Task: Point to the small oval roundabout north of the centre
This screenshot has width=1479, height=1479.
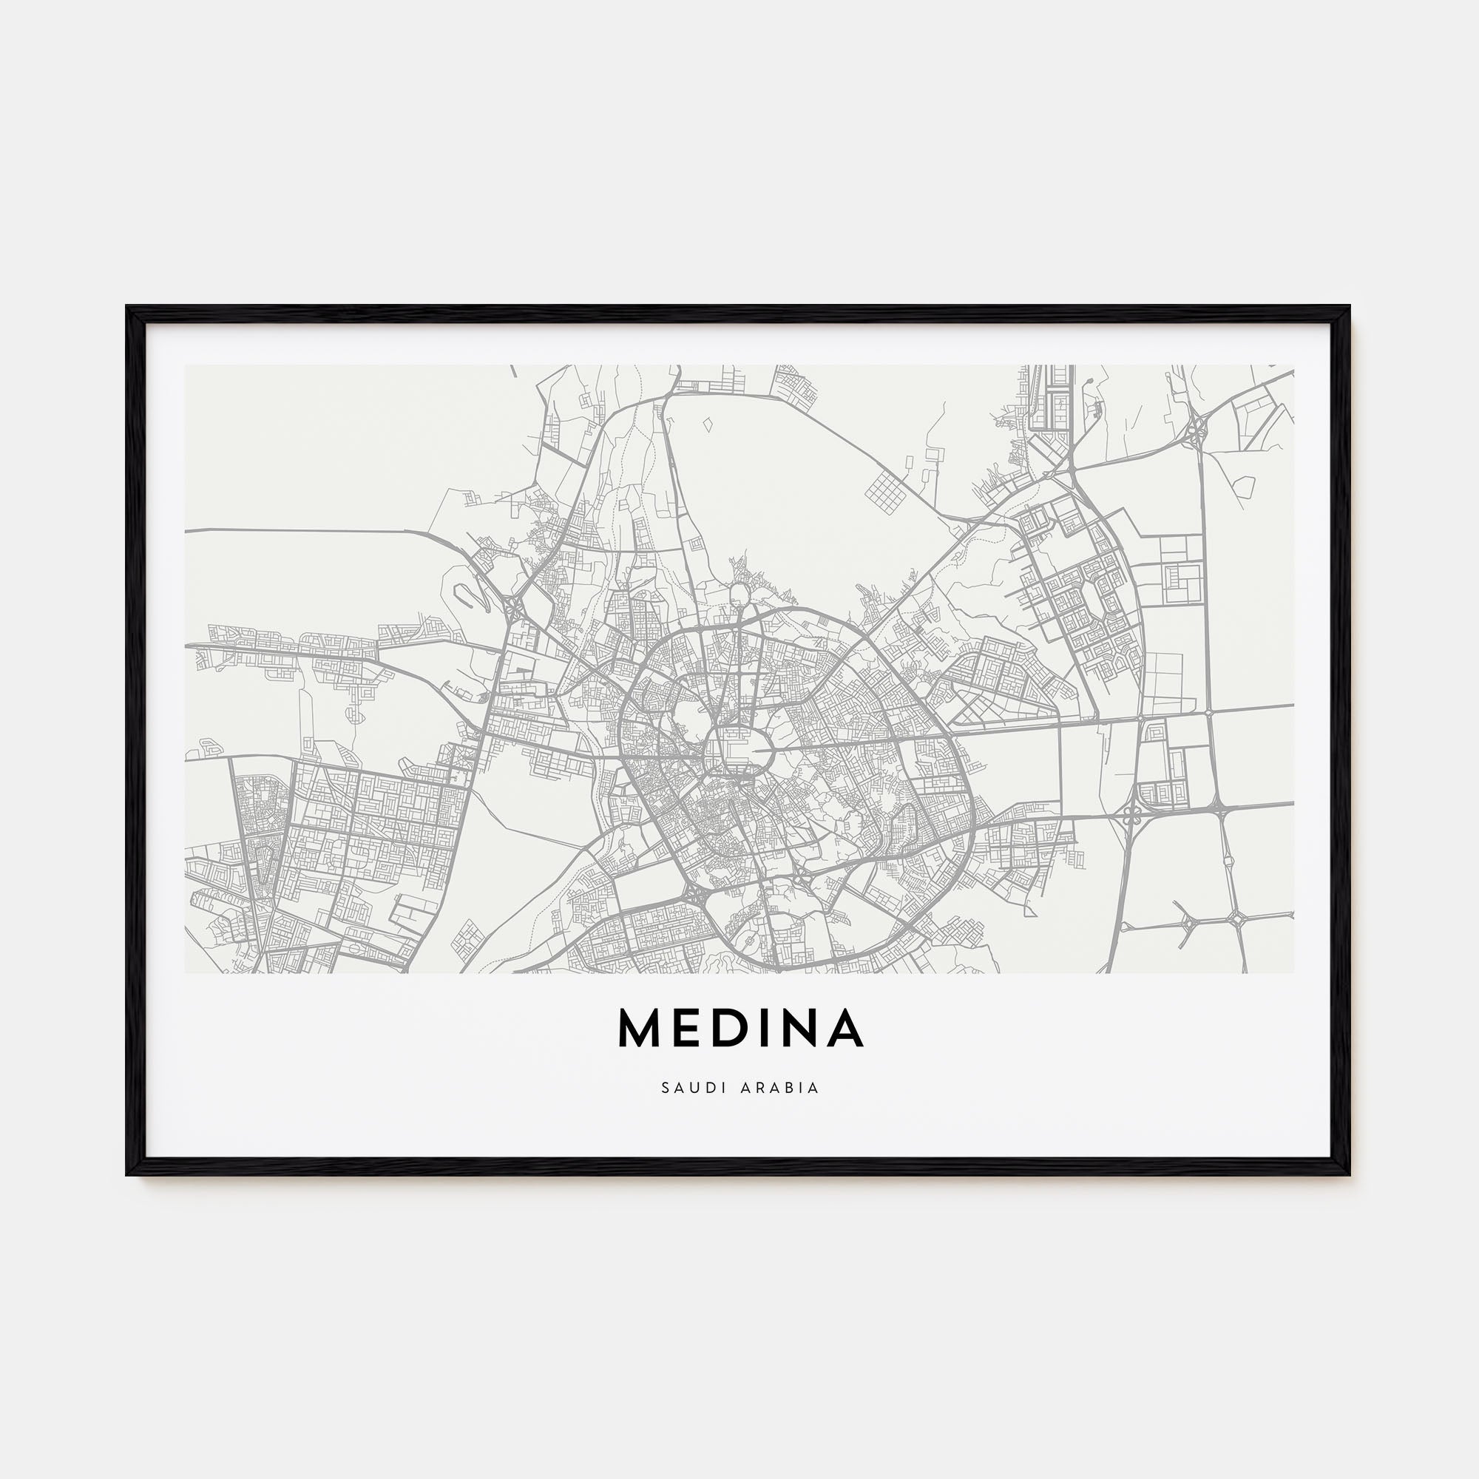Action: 740,593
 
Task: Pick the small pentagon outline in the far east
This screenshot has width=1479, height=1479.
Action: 1245,485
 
